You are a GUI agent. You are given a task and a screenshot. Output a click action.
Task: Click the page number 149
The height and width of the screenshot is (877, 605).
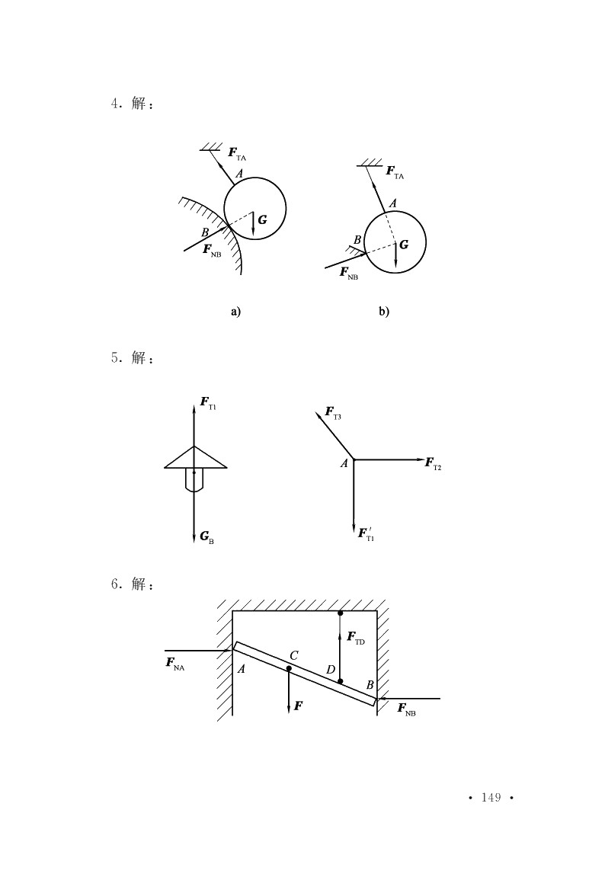coord(491,798)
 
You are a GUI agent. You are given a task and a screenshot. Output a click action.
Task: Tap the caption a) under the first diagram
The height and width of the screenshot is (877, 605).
coord(236,312)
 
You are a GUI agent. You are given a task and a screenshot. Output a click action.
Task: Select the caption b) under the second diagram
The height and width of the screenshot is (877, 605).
coord(384,312)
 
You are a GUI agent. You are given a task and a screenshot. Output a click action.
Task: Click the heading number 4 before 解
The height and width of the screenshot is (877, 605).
coord(115,104)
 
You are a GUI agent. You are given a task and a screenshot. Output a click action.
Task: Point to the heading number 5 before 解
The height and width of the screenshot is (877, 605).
coord(115,358)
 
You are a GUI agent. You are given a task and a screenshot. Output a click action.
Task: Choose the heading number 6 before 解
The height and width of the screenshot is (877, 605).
coord(115,584)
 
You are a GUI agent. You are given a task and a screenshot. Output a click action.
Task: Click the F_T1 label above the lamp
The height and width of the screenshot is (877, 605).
coord(208,403)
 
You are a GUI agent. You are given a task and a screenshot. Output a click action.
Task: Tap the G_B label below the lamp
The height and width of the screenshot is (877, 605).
coord(207,538)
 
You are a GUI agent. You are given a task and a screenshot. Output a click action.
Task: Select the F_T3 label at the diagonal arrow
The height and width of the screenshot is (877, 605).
coord(333,413)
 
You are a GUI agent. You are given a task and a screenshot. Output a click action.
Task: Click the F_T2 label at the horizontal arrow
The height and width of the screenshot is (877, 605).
coord(434,464)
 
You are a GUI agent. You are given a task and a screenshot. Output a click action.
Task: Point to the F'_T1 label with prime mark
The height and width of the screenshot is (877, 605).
coord(367,533)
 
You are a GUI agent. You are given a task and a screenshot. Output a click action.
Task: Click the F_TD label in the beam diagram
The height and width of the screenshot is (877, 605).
coord(356,638)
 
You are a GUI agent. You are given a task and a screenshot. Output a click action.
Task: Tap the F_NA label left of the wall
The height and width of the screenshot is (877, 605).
coord(175,664)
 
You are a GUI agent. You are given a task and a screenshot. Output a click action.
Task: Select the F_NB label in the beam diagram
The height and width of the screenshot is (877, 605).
coord(406,709)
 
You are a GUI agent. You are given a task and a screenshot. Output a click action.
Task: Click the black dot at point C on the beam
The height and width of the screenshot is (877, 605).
coord(289,668)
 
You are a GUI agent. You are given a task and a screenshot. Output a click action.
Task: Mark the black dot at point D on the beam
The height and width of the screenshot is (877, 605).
coord(341,681)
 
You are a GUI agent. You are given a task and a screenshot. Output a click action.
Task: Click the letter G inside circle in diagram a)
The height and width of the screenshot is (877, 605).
coord(262,219)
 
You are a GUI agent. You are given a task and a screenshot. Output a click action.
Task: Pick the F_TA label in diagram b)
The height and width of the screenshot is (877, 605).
coord(395,172)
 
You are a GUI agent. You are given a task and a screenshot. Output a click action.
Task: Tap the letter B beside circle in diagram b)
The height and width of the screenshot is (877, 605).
coord(357,241)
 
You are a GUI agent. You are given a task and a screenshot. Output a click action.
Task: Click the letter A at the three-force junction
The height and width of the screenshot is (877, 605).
coord(344,463)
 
